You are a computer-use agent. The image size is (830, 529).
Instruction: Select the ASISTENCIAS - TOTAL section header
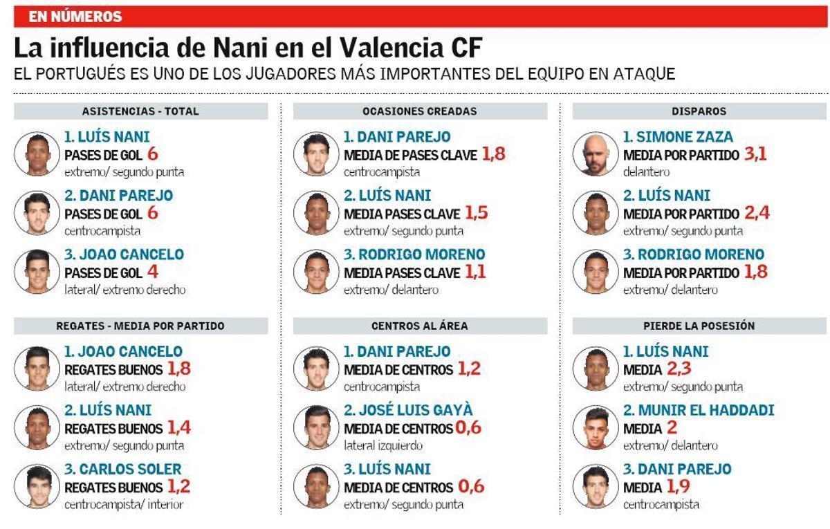[x=140, y=111]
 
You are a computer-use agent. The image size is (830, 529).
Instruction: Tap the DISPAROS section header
[x=699, y=111]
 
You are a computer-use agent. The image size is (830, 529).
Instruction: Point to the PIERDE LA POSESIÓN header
[x=699, y=326]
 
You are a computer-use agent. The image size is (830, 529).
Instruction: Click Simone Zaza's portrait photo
[x=594, y=154]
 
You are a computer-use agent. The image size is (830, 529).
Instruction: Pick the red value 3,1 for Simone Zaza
[x=755, y=155]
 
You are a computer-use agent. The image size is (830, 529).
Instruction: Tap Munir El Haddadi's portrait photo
[x=594, y=428]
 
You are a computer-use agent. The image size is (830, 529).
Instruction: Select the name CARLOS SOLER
[x=122, y=469]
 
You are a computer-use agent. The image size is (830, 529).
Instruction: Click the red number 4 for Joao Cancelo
[x=153, y=272]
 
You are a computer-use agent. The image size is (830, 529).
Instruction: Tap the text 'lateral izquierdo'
[x=383, y=446]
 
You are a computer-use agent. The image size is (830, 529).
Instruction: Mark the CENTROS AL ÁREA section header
[x=420, y=326]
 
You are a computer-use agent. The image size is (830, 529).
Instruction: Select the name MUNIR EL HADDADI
[x=699, y=410]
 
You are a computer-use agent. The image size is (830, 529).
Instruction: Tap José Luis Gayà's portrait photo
[x=315, y=428]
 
